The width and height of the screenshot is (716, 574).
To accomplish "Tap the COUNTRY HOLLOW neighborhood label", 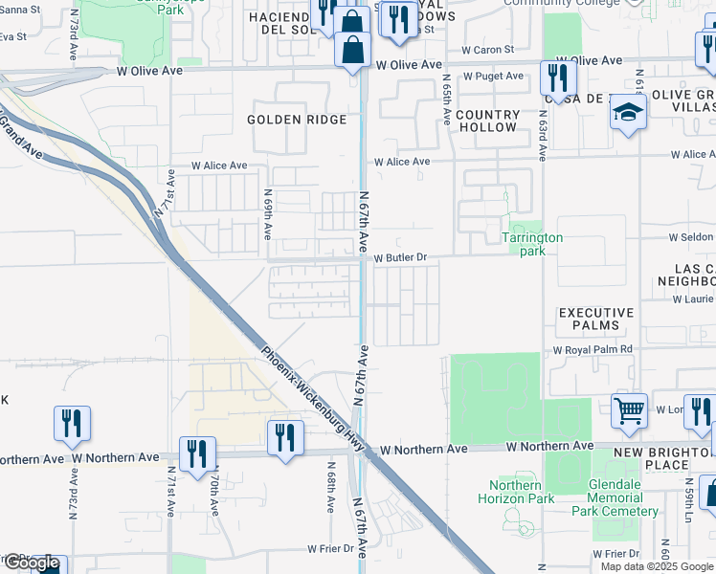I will [487, 121].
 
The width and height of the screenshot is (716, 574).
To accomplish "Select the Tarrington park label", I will [532, 244].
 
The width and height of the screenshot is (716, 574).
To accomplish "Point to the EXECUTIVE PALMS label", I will [596, 320].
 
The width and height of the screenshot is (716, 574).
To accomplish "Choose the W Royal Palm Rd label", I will [593, 350].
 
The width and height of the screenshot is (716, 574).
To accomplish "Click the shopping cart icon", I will [630, 410].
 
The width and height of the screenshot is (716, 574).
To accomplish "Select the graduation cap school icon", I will [629, 114].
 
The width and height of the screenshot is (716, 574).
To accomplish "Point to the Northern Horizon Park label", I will [515, 492].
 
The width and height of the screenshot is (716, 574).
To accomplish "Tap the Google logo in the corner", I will [31, 563].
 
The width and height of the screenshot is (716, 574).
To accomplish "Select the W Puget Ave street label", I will [492, 77].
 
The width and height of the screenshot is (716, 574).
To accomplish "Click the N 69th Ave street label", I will [269, 214].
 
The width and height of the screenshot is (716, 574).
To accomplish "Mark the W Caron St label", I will [487, 49].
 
